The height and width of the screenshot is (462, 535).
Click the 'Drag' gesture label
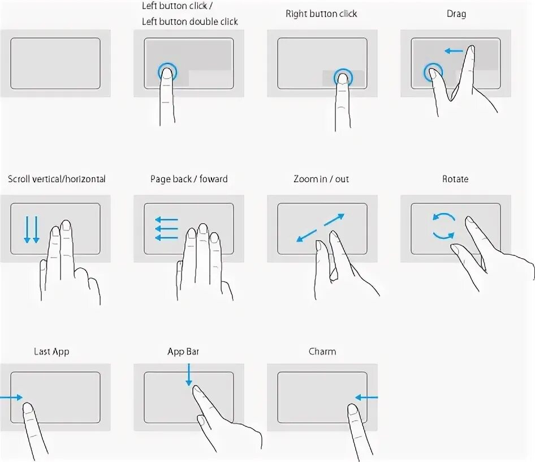click(456, 14)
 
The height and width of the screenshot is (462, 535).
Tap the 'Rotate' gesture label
click(455, 179)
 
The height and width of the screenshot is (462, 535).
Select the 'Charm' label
click(322, 352)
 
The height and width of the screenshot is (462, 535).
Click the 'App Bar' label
click(183, 352)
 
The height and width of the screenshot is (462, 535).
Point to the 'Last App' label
click(51, 352)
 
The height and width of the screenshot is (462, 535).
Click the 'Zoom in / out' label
click(321, 179)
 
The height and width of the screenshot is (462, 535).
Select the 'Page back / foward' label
click(189, 179)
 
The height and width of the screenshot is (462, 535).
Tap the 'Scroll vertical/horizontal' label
click(57, 179)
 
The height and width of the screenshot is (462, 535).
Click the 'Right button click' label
click(321, 14)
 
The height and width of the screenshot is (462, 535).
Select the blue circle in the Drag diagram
click(433, 72)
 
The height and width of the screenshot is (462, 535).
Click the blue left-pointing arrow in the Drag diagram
click(454, 51)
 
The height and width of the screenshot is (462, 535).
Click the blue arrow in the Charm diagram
click(366, 397)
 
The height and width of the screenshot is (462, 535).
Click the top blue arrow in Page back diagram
click(166, 220)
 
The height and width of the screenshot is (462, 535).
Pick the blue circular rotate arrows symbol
click(443, 225)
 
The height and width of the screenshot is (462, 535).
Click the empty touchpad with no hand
click(55, 63)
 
